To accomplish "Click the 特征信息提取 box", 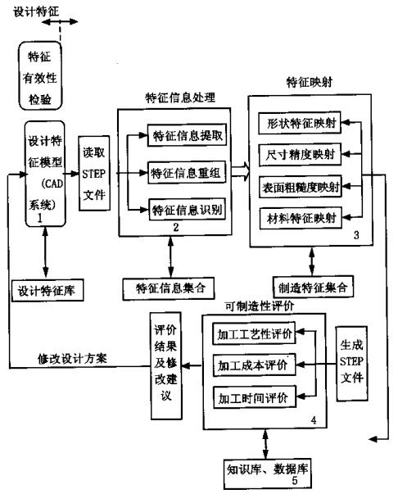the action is click(187, 135).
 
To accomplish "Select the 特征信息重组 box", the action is click(187, 172).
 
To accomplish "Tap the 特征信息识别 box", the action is click(188, 209).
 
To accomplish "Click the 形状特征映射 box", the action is click(300, 123).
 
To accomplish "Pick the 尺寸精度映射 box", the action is click(300, 154).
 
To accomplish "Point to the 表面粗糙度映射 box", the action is click(301, 187).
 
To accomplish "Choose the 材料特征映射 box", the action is click(301, 218).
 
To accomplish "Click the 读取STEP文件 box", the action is click(94, 174).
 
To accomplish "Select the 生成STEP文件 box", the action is click(352, 364).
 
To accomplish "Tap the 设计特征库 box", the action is click(47, 290).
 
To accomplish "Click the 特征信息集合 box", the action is click(169, 288).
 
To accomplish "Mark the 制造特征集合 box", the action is click(313, 287).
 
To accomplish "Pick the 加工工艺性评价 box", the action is click(254, 333).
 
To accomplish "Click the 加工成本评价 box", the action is click(255, 365).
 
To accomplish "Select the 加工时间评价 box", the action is click(255, 397).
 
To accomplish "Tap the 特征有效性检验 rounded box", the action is click(40, 76).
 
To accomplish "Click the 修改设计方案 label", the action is click(72, 359).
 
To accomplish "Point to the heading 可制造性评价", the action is click(260, 306).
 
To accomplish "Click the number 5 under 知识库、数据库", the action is click(295, 481).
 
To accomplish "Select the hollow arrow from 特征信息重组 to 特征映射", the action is click(241, 172).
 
